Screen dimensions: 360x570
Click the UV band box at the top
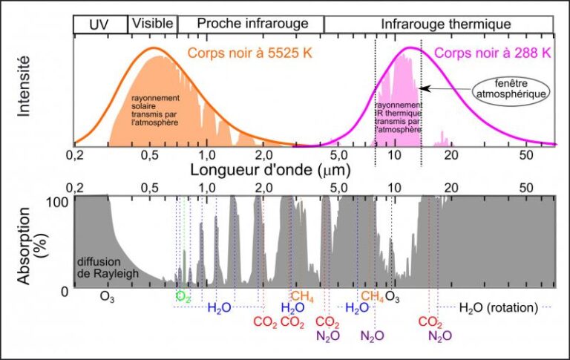coord(100,24)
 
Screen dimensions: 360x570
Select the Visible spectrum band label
coord(153,24)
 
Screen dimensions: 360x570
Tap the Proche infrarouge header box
coord(250,24)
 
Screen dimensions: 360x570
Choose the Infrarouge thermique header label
coord(440,24)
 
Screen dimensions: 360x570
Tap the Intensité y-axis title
coord(24,88)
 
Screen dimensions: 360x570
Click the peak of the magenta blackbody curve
coord(409,48)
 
